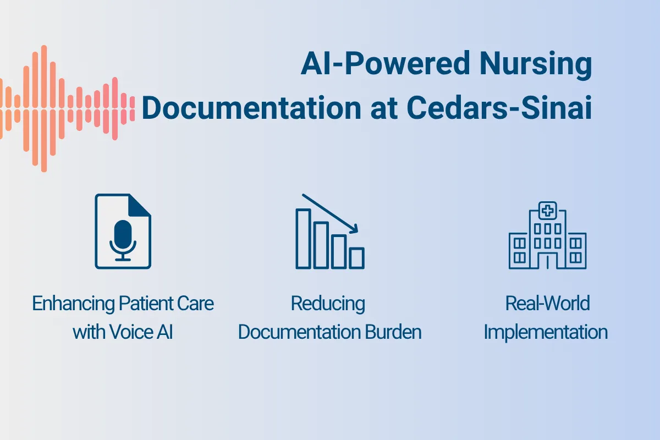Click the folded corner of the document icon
click(140, 204)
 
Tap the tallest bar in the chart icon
click(303, 238)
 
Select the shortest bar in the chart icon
click(356, 257)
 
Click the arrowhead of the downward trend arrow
click(355, 228)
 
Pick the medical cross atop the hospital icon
click(547, 211)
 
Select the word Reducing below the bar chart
click(328, 304)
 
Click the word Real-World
click(547, 304)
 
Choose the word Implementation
click(546, 332)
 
